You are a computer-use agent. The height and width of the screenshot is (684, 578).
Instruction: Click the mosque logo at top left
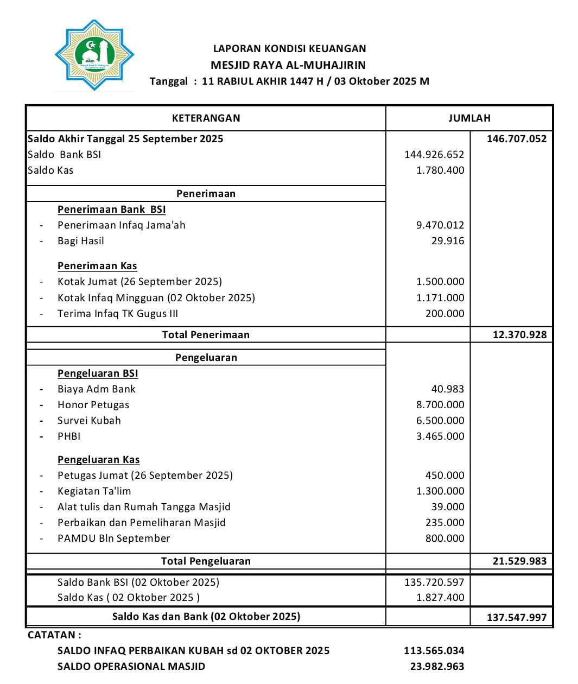tap(94, 55)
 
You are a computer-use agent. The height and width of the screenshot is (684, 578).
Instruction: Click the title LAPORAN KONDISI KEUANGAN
tap(289, 48)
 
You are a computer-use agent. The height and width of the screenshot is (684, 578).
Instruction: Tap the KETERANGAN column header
tap(206, 118)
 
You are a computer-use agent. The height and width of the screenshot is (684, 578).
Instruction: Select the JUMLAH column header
tap(469, 118)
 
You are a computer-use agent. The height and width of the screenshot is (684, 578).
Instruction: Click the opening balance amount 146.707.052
tap(516, 138)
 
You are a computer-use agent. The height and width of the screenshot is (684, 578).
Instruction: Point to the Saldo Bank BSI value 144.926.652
tap(434, 154)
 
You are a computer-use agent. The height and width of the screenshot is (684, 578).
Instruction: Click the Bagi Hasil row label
tap(80, 240)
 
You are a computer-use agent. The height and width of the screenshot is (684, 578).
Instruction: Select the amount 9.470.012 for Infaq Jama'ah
tap(440, 225)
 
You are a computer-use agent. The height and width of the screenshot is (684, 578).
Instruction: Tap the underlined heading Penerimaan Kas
tap(97, 265)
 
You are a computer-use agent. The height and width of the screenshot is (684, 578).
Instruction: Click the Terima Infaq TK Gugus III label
tap(118, 313)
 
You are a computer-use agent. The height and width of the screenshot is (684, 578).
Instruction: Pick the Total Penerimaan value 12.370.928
tap(519, 334)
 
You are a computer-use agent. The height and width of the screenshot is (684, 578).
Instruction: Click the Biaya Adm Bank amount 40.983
tap(447, 389)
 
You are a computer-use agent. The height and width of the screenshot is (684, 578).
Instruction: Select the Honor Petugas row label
tap(93, 404)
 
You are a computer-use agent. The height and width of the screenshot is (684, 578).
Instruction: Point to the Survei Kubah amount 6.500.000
tap(440, 420)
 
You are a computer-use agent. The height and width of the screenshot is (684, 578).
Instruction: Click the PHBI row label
tap(69, 436)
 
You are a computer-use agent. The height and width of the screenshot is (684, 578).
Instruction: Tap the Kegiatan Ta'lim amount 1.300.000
tap(440, 491)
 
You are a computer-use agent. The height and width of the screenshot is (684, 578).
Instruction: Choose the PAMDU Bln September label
tap(113, 538)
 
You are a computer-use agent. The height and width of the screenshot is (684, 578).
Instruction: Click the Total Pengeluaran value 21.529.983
tap(519, 561)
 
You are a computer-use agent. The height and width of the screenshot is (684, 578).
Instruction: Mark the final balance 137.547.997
tap(516, 617)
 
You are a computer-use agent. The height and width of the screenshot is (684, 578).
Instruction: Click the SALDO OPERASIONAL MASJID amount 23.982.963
tap(437, 666)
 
